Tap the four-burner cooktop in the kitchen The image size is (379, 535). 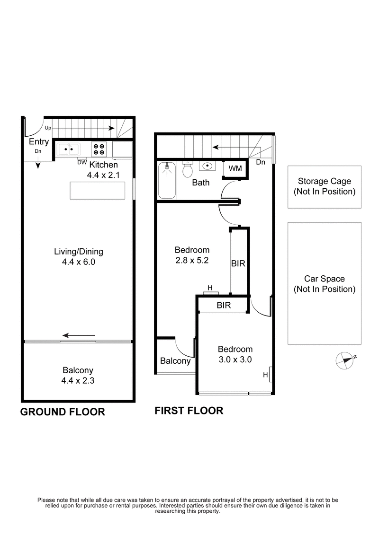click(99, 149)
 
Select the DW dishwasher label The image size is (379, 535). click(81, 162)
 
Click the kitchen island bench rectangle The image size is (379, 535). click(98, 190)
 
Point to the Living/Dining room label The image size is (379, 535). click(78, 252)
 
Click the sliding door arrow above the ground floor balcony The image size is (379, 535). click(79, 336)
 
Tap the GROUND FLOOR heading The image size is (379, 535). click(63, 412)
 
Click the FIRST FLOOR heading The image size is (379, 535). click(189, 411)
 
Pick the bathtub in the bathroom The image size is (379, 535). click(166, 180)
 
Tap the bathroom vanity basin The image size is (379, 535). click(207, 167)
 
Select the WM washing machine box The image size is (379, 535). click(235, 169)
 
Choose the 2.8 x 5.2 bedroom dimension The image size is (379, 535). click(192, 260)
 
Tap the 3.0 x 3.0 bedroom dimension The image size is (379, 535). click(235, 359)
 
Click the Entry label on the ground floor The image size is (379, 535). click(39, 142)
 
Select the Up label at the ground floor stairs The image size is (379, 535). click(48, 128)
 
